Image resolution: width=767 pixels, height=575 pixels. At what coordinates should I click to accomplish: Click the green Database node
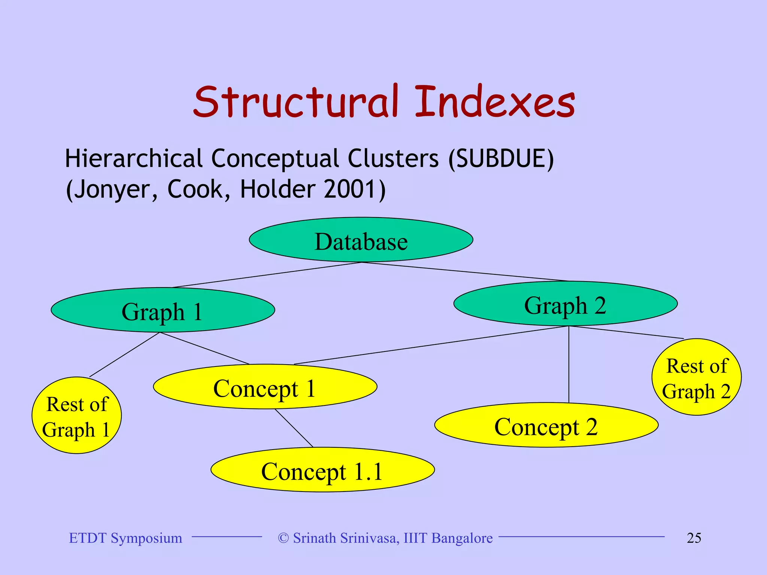point(361,240)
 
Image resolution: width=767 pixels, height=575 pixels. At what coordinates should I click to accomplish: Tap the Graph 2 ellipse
point(565,304)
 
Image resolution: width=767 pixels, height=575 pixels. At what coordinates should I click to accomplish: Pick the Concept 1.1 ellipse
point(322,470)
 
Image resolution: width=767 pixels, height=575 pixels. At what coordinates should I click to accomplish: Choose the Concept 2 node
point(546,426)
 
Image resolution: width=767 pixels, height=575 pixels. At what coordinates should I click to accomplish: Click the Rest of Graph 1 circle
point(76,416)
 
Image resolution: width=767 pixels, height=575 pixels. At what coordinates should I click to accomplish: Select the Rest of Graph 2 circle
point(696,377)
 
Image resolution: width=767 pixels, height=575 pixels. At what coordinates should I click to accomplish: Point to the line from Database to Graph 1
point(267,275)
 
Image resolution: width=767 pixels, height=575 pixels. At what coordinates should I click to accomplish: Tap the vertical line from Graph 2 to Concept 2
point(569,365)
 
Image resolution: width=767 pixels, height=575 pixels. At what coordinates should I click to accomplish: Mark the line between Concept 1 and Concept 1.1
point(294,428)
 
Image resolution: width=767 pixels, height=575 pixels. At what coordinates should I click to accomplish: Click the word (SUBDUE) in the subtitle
point(501,159)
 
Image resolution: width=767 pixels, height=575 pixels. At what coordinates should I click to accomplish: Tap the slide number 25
point(694,538)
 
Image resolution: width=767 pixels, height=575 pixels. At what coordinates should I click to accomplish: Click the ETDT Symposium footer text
point(125,538)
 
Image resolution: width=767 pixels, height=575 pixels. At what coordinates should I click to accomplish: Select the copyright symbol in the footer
point(284,538)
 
